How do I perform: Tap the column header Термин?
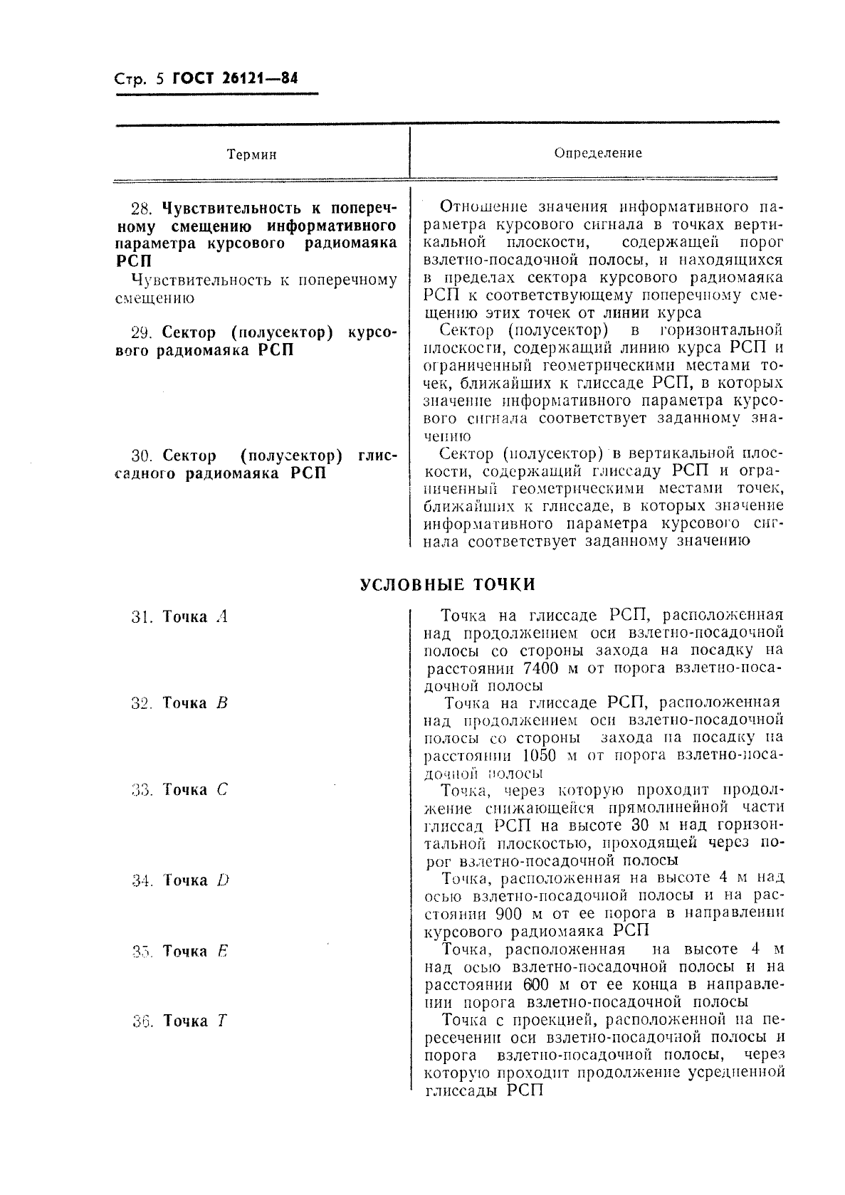(x=251, y=154)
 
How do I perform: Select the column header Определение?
(x=597, y=153)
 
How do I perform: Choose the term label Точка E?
(x=194, y=952)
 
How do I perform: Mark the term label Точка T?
(x=194, y=1021)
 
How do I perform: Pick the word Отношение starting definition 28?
(x=483, y=207)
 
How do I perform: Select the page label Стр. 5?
(x=138, y=79)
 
